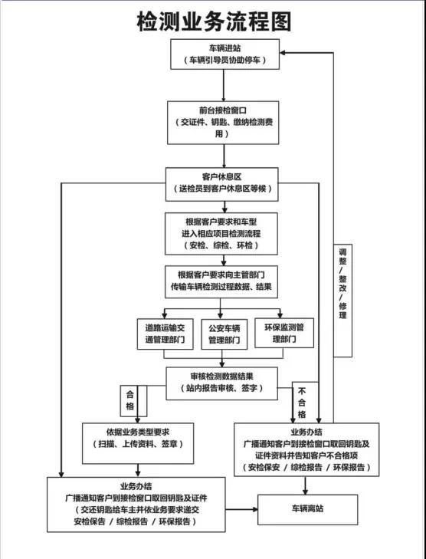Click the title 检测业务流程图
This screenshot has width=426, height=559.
tap(214, 21)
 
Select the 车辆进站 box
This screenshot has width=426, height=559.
tap(224, 54)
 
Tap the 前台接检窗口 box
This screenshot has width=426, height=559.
tap(223, 123)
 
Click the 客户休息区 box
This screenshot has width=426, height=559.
tap(222, 184)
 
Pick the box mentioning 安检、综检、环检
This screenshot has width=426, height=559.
tap(221, 234)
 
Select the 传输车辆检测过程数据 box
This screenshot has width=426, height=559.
tap(221, 281)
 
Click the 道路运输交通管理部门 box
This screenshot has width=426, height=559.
tap(165, 334)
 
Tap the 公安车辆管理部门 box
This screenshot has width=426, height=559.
tap(224, 334)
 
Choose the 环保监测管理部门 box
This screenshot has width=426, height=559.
tap(284, 333)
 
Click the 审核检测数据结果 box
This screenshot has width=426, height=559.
tap(222, 383)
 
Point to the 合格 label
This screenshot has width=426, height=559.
tap(129, 401)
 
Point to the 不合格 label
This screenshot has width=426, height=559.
tap(302, 403)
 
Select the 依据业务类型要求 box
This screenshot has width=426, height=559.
tap(138, 443)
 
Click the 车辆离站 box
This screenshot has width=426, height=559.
tap(307, 509)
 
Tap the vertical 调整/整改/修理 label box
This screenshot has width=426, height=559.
tap(342, 301)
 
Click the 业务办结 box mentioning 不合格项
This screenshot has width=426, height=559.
tap(306, 449)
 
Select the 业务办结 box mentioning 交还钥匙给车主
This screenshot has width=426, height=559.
tap(136, 505)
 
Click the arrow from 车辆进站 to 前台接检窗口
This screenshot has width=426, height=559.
tap(224, 85)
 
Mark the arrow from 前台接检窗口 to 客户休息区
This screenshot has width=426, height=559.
tap(224, 156)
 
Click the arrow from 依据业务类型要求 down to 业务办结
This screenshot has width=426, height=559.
tap(138, 471)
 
